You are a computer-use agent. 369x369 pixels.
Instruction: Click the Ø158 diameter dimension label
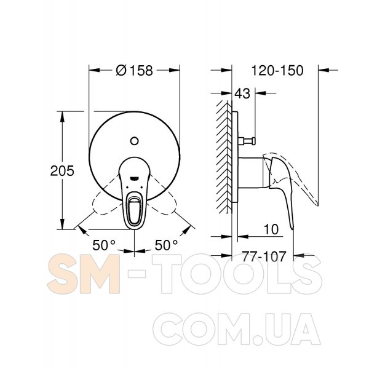pyautogui.click(x=134, y=70)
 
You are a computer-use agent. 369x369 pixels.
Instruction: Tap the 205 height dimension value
pyautogui.click(x=62, y=170)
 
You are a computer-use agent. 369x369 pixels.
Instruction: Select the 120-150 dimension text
pyautogui.click(x=277, y=70)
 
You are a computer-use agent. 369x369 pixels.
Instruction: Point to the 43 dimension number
pyautogui.click(x=242, y=93)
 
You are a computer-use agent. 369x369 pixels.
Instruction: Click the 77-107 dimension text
pyautogui.click(x=264, y=256)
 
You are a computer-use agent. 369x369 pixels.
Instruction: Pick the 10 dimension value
pyautogui.click(x=271, y=229)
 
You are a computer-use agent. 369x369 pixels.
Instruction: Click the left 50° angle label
pyautogui.click(x=104, y=245)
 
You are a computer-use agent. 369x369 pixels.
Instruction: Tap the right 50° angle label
pyautogui.click(x=166, y=245)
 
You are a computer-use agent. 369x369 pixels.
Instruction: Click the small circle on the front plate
pyautogui.click(x=134, y=141)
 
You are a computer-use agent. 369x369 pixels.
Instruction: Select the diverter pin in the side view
pyautogui.click(x=247, y=141)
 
